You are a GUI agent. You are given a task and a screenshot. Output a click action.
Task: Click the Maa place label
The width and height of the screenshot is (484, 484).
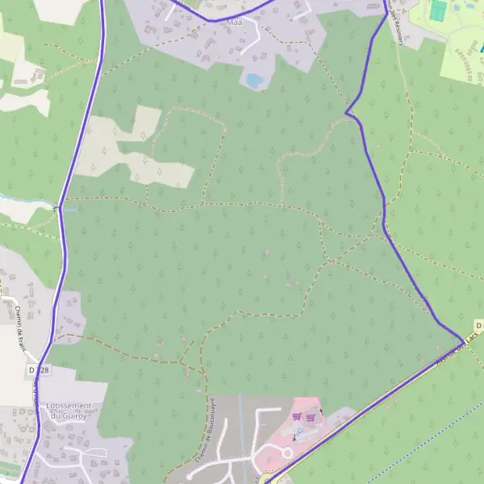click(x=235, y=22)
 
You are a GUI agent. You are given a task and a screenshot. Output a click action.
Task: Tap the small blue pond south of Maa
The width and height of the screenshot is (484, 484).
click(x=254, y=80)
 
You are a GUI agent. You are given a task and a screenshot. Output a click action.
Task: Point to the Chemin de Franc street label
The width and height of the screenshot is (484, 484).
click(x=19, y=326)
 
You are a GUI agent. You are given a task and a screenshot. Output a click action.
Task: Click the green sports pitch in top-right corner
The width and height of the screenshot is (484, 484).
click(x=438, y=10)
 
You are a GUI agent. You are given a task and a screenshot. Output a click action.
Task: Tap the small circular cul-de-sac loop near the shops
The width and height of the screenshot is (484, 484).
click(x=286, y=453)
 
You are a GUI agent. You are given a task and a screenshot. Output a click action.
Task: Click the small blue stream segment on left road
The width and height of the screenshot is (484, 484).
click(x=69, y=210)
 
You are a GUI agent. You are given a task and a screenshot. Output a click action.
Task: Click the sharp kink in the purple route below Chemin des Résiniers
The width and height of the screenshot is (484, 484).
click(x=348, y=112)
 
